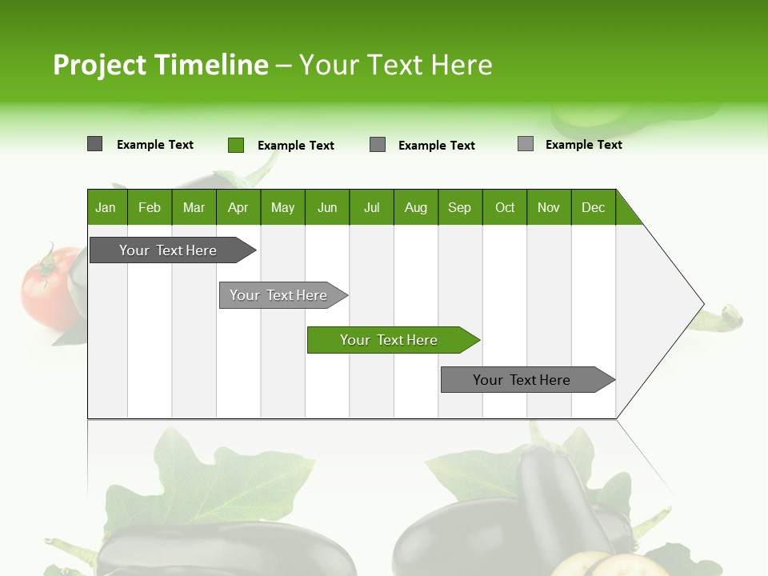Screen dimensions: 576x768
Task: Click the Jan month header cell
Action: click(x=106, y=207)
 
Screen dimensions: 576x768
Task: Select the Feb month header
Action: click(x=150, y=207)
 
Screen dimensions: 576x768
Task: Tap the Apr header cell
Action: click(x=238, y=207)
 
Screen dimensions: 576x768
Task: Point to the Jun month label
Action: click(x=327, y=207)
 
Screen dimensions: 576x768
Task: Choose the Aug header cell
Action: click(x=416, y=207)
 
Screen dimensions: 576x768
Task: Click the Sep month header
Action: click(x=460, y=207)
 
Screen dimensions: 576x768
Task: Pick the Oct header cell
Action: click(x=505, y=207)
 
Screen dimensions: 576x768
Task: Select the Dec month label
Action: click(x=594, y=207)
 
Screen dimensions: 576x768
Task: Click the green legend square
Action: click(x=236, y=145)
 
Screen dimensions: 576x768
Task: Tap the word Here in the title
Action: click(x=462, y=65)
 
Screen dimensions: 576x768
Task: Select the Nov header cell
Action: click(x=549, y=207)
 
